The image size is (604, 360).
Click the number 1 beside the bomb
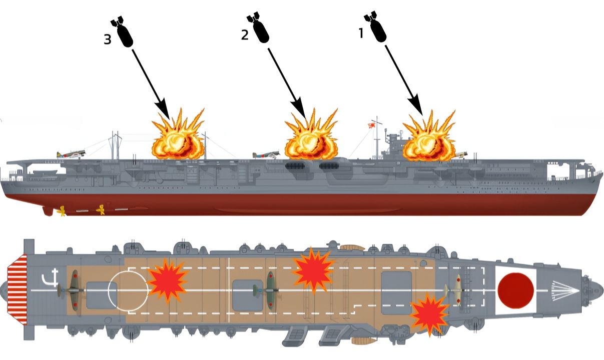coord(360,33)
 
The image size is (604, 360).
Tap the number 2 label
coord(245,36)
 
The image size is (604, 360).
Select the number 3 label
coord(108,40)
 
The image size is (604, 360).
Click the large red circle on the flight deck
coord(515,290)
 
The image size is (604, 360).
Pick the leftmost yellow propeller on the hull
coord(61,211)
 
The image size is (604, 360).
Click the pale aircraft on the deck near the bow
coord(457,289)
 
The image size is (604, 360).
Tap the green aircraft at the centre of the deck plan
coord(270,289)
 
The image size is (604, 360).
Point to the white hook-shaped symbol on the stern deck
coord(49,278)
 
